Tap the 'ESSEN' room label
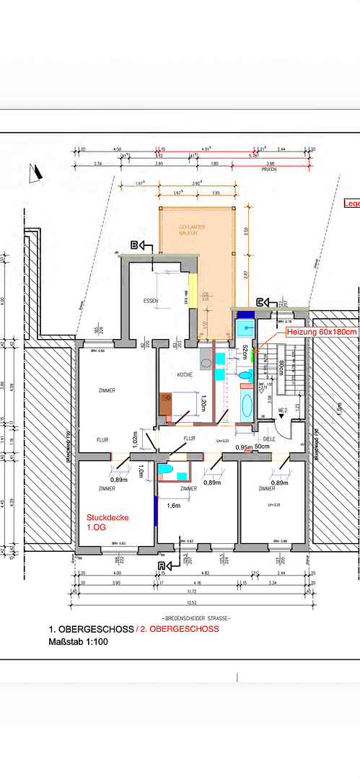[151, 301]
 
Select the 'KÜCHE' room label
[185, 375]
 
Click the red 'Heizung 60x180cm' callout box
[322, 332]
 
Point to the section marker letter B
[133, 245]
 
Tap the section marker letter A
[161, 566]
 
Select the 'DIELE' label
[268, 438]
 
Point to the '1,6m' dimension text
[173, 506]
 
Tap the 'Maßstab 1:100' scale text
[78, 641]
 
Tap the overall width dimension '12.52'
[191, 603]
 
